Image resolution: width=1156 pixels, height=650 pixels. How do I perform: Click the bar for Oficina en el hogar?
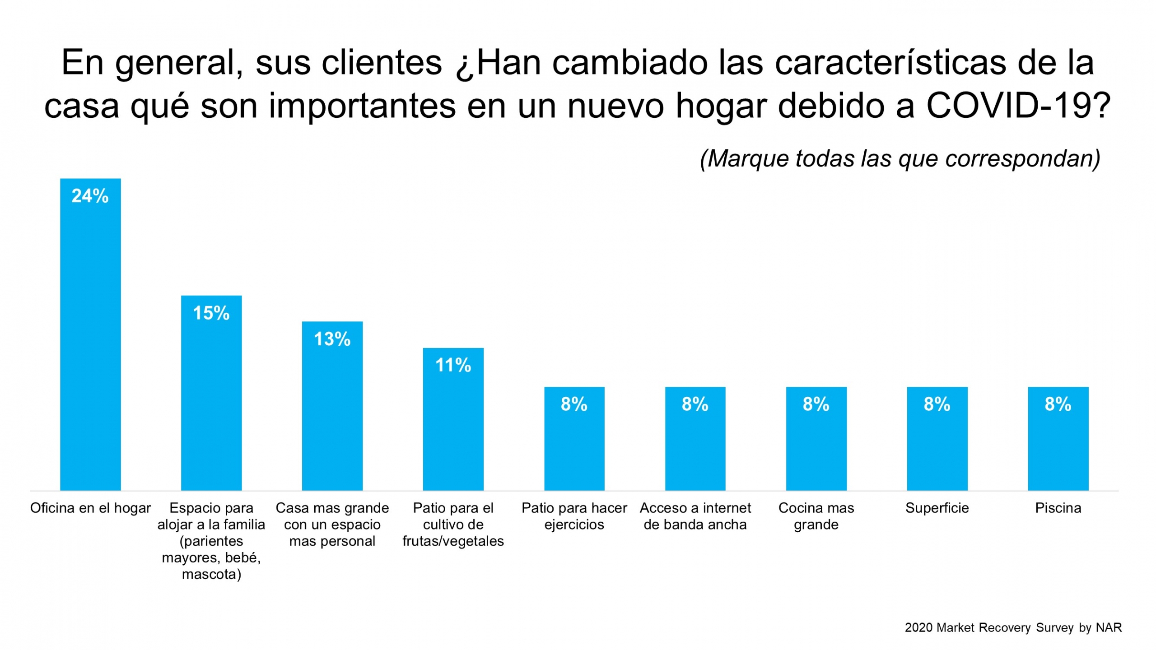coord(90,343)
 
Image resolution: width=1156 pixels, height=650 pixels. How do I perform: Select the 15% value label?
coord(211,313)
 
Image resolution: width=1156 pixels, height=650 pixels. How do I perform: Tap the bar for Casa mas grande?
coord(332,415)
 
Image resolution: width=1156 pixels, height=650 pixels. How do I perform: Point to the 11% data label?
coord(453,365)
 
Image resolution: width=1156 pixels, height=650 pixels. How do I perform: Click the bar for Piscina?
coord(1058,447)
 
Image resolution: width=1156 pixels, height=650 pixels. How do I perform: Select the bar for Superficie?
coord(937,447)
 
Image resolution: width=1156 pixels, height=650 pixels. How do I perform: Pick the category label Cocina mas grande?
coord(816,516)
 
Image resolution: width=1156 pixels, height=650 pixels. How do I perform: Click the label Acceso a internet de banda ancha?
coord(695,516)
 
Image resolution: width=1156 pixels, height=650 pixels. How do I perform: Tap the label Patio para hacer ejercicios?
coord(574,516)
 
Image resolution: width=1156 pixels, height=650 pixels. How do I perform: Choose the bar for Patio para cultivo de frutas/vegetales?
coord(453,429)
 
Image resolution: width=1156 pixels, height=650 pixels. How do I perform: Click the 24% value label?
coord(90,196)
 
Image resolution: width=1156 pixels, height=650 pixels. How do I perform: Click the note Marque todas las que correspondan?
coord(900,158)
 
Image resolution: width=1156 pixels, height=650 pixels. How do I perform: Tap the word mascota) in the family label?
coord(211,574)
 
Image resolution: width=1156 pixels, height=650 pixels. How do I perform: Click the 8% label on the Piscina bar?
coord(1058,404)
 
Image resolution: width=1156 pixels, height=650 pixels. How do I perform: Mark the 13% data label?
coord(332,339)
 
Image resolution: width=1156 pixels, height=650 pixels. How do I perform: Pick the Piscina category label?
coord(1058,508)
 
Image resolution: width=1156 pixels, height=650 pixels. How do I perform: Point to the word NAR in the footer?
coord(1109,627)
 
